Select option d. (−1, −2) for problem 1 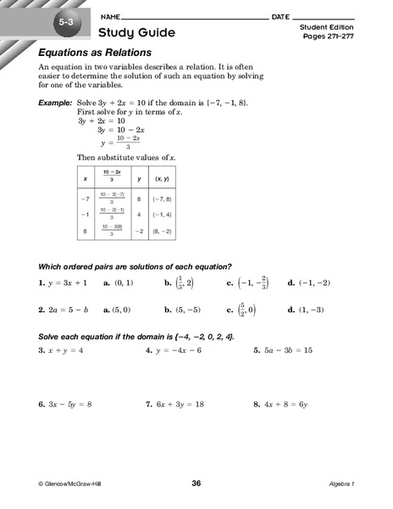pos(308,282)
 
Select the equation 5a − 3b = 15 pos(291,349)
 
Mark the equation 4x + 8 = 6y pos(291,405)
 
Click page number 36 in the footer pos(196,484)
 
